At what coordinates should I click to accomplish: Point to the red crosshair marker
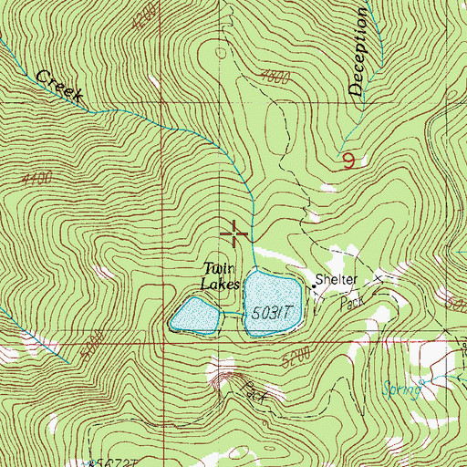(235, 234)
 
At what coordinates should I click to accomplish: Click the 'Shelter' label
(337, 280)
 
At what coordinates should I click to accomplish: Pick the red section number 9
(349, 161)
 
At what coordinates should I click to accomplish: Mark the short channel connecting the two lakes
(232, 315)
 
